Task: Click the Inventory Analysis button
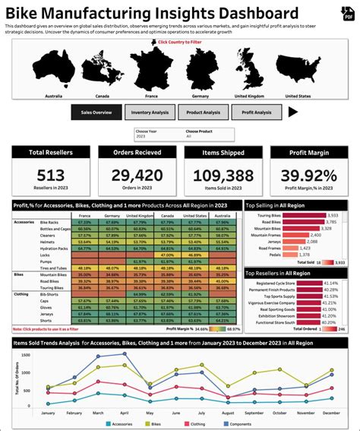coord(150,113)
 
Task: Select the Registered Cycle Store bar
coord(309,283)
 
